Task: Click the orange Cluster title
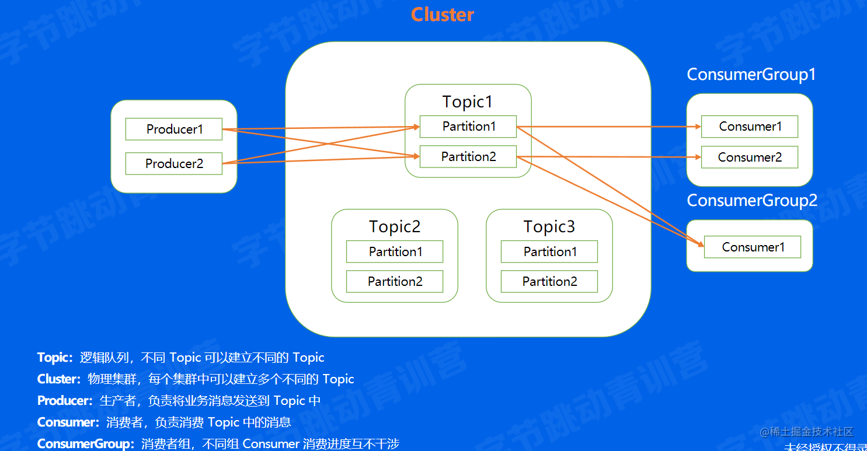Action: coord(442,15)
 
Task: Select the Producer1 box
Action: coord(174,129)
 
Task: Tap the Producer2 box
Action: coord(174,163)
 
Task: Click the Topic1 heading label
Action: coord(468,102)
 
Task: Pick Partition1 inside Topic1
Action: coord(468,127)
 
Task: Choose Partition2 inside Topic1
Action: coord(468,156)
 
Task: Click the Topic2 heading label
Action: coord(395,226)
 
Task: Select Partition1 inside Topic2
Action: coord(395,251)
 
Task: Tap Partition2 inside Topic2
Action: coord(395,281)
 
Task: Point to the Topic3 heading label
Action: coord(549,226)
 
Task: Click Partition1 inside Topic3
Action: coord(549,251)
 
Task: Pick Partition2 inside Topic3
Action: coord(549,281)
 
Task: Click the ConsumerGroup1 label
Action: coord(751,75)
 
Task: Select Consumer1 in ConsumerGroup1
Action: coord(750,127)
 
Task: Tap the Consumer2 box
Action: coord(750,157)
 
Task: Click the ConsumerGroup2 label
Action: coord(752,200)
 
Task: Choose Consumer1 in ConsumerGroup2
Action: coord(753,247)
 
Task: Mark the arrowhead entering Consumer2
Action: coord(697,157)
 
